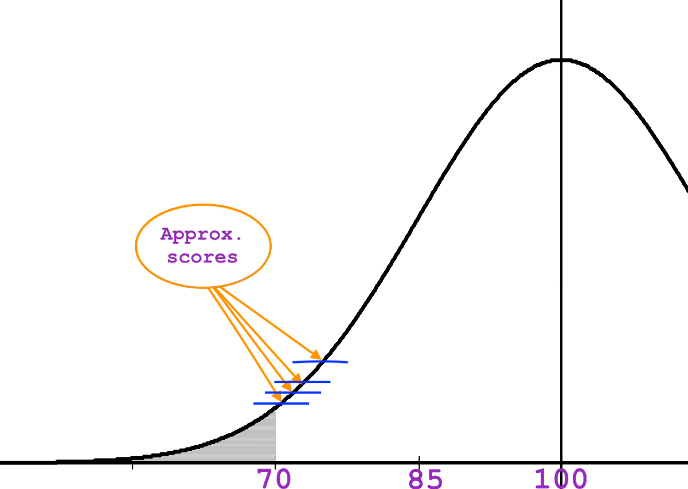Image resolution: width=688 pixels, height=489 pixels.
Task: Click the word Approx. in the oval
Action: (202, 234)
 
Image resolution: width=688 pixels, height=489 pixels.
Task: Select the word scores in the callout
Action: (202, 257)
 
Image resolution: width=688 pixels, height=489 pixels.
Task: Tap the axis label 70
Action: (274, 478)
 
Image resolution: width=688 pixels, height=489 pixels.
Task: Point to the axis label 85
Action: (425, 478)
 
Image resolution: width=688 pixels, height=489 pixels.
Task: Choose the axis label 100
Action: (560, 478)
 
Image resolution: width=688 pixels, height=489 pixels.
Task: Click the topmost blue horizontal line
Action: (333, 362)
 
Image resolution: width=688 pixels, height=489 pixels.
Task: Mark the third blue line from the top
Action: (304, 393)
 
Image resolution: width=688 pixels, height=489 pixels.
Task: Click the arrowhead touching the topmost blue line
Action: (315, 355)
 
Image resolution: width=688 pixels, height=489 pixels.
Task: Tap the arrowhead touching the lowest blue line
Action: (276, 397)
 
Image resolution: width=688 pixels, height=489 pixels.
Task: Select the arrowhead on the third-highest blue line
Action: (286, 387)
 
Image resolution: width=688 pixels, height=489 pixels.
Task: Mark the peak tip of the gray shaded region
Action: (275, 410)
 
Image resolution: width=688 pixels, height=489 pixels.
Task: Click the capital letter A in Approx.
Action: (167, 234)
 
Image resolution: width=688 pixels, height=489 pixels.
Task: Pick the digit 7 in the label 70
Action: (265, 478)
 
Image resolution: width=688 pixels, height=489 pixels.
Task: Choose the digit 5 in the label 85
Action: (435, 478)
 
